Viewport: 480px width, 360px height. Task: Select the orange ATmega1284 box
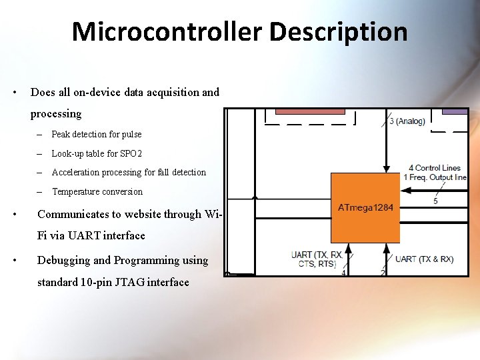365,207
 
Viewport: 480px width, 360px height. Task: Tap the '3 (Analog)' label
407,121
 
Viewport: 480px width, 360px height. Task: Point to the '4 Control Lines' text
435,167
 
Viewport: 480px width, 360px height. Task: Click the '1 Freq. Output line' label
435,177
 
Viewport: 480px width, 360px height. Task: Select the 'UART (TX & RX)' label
424,259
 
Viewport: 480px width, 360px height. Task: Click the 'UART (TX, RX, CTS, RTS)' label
317,259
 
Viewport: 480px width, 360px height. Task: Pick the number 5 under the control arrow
435,201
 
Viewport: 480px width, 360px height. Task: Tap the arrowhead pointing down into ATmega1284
387,169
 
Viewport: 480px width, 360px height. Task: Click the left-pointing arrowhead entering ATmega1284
405,190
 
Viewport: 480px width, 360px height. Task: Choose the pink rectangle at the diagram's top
310,111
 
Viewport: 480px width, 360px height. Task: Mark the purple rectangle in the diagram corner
455,111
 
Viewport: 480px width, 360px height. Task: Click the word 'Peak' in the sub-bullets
61,134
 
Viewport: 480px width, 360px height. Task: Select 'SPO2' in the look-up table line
131,153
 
